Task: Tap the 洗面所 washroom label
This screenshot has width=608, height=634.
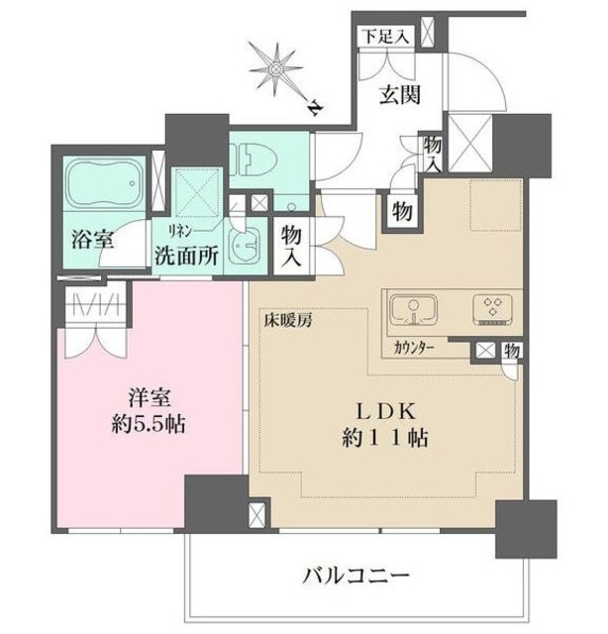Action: (186, 253)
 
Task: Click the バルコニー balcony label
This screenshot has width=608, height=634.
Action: (356, 575)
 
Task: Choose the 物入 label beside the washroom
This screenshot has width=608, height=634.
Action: (292, 243)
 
